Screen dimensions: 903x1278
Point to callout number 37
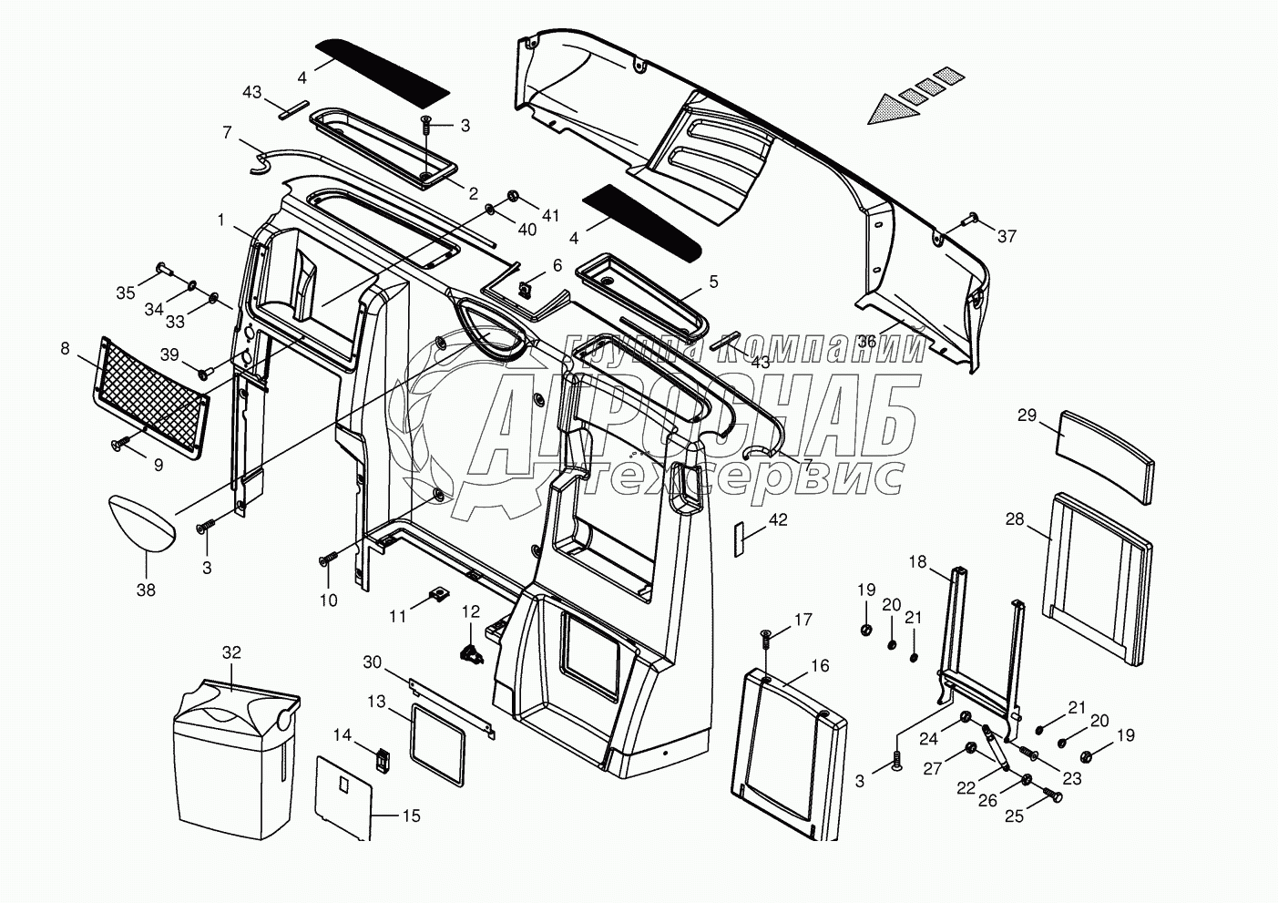[x=1006, y=236]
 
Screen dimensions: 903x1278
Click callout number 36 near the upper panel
[x=866, y=341]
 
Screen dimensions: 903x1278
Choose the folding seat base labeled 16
[x=789, y=753]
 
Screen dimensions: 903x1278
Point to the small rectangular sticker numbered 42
[x=739, y=538]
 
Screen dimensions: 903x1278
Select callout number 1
[x=220, y=220]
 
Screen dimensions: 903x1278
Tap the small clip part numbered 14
[x=383, y=758]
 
